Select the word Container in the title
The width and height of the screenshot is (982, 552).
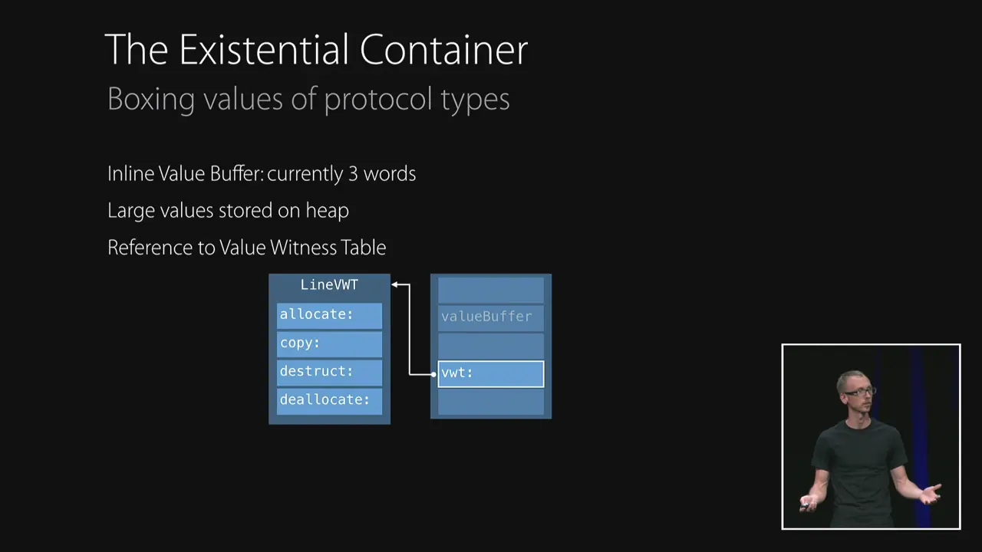(443, 51)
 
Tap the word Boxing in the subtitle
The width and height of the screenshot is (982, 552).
(150, 100)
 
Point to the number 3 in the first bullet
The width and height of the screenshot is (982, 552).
(353, 174)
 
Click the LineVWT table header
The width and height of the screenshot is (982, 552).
(329, 285)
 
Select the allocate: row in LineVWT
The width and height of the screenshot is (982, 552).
(329, 314)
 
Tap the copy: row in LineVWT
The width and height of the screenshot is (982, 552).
(329, 343)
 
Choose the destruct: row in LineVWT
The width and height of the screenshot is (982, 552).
(329, 371)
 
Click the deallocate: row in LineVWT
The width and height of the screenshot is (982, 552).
(329, 399)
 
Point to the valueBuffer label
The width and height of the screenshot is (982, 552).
(486, 316)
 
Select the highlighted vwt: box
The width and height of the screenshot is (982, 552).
(490, 373)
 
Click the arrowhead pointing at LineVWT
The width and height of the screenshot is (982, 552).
(395, 285)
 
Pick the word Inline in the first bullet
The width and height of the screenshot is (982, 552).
(130, 174)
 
